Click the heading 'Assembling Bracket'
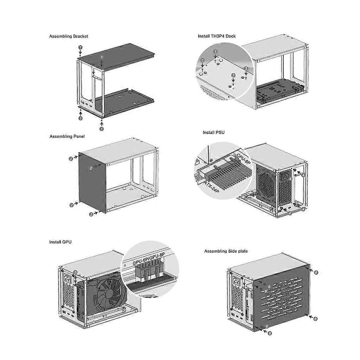pyautogui.click(x=69, y=36)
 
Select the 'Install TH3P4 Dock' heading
pyautogui.click(x=217, y=36)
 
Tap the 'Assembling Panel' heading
pyautogui.click(x=67, y=136)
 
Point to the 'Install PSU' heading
pyautogui.click(x=213, y=133)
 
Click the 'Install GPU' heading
pyautogui.click(x=60, y=242)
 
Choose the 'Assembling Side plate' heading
pyautogui.click(x=226, y=251)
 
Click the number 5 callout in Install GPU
pyautogui.click(x=76, y=272)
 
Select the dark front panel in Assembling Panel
pyautogui.click(x=92, y=183)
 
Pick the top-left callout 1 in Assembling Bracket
pyautogui.click(x=81, y=47)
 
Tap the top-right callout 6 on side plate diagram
pyautogui.click(x=316, y=272)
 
